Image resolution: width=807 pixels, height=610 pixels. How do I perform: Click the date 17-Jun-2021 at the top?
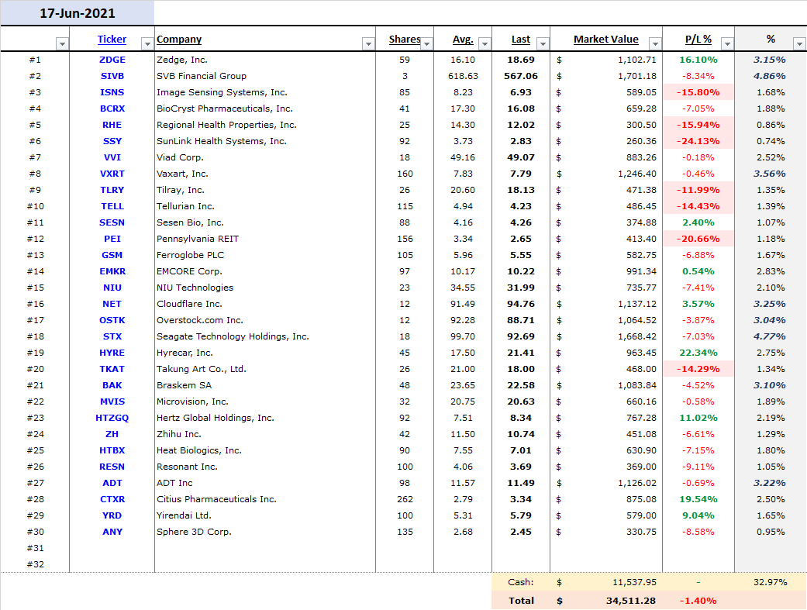(x=78, y=13)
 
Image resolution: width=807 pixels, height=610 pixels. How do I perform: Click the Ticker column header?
(x=112, y=39)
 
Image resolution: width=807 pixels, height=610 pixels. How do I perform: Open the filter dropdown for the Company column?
(x=368, y=43)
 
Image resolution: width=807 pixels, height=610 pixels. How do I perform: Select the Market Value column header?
(x=605, y=39)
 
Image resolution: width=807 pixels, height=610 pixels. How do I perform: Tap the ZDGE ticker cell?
(x=112, y=60)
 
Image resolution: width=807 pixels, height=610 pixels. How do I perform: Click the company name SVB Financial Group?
(x=202, y=76)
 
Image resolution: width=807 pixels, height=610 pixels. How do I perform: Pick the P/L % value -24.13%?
(x=698, y=141)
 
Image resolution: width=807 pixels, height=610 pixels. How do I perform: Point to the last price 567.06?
(x=521, y=76)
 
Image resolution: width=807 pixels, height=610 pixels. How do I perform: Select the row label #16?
(x=36, y=305)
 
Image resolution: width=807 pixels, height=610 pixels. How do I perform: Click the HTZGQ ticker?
(x=112, y=418)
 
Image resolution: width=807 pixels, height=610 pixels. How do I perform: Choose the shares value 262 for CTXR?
(x=405, y=499)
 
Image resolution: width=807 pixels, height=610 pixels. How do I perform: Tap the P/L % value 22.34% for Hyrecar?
(x=698, y=353)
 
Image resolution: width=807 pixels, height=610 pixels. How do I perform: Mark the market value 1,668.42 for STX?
(x=637, y=336)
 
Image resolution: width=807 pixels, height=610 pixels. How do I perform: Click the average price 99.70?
(x=463, y=336)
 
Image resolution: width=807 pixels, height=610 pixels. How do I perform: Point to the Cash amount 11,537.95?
(x=634, y=582)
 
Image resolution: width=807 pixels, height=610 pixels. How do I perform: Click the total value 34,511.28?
(x=630, y=601)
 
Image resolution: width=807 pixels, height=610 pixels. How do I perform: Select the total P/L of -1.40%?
(x=698, y=601)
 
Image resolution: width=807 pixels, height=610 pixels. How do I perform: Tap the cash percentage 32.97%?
(x=771, y=582)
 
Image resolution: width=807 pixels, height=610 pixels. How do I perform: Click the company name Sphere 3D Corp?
(x=194, y=532)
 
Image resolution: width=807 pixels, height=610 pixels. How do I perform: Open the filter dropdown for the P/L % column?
(x=727, y=43)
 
